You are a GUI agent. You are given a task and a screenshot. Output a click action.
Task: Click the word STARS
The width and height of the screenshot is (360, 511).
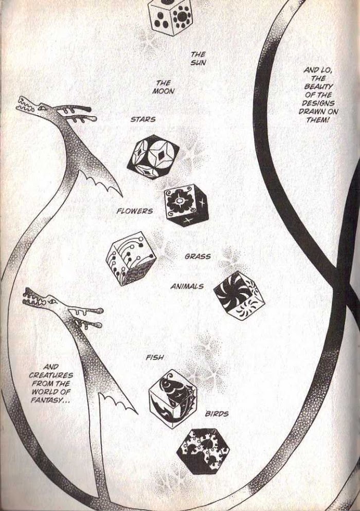[x=143, y=120]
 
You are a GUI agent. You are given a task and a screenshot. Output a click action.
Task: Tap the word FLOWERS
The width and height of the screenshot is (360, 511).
[x=135, y=211]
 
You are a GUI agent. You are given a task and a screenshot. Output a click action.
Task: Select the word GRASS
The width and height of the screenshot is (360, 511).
[x=197, y=257]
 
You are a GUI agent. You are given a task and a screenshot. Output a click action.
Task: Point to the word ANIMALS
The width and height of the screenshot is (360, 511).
[x=187, y=286]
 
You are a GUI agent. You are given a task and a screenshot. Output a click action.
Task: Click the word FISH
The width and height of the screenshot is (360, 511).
[x=155, y=357]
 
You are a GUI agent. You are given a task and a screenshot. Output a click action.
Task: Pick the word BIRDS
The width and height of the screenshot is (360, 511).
[x=217, y=414]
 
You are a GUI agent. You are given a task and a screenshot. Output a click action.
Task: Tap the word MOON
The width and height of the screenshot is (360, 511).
[x=164, y=92]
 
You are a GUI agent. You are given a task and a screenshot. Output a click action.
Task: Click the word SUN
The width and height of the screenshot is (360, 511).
[x=199, y=62]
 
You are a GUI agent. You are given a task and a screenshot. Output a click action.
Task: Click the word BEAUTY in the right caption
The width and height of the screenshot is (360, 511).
[x=314, y=87]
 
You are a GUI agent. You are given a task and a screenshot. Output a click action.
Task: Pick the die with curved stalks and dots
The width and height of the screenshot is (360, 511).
[x=131, y=259]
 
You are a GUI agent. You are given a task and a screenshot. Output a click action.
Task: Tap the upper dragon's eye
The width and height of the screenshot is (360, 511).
[x=43, y=106]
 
